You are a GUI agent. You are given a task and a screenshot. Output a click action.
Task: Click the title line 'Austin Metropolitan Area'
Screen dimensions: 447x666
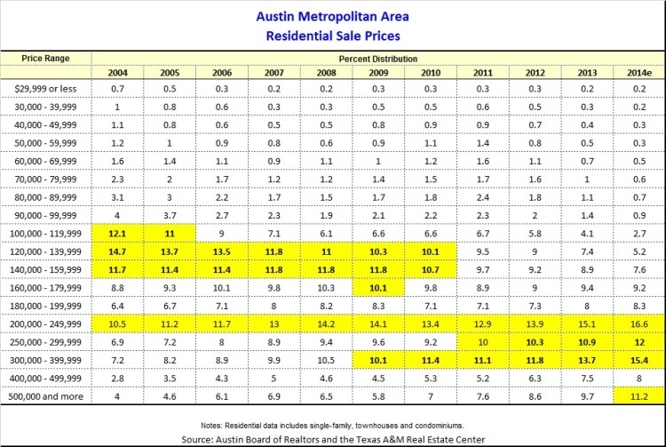pos(333,17)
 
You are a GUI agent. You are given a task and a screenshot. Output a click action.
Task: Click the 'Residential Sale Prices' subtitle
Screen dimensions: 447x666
pos(333,36)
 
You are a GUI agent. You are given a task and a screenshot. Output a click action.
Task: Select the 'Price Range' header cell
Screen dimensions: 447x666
pos(46,57)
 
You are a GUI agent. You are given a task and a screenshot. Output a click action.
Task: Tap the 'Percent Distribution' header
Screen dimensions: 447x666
pos(377,57)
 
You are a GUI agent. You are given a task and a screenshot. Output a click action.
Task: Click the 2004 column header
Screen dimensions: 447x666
pos(118,72)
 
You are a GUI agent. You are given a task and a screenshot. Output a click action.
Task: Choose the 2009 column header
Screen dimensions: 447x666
pos(378,72)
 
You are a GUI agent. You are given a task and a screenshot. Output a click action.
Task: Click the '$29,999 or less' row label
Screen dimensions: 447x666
pos(46,89)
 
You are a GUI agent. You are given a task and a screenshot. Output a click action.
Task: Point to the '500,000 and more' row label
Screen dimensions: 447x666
pos(46,395)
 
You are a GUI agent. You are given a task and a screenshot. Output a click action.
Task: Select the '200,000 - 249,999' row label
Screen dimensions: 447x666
pos(46,323)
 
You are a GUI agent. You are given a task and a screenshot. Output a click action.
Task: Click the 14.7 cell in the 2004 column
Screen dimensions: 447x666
pos(118,251)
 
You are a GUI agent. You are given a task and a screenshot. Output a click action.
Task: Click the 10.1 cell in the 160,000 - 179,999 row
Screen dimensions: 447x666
pos(378,287)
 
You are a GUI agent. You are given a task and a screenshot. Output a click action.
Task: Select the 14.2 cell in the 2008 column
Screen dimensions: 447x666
pos(326,323)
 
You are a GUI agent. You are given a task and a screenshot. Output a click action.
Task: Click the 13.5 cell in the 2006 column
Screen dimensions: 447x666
pos(222,251)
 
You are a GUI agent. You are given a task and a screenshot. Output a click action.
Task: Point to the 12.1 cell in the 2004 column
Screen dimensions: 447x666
pos(118,233)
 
